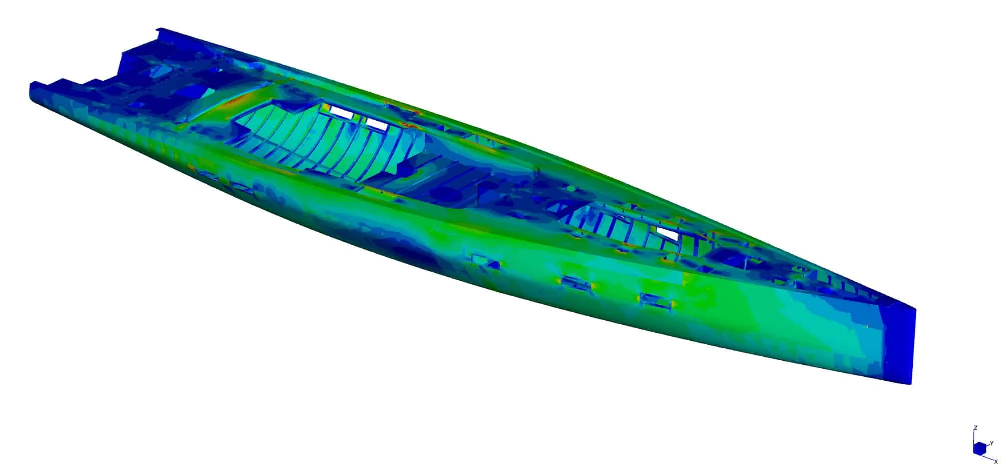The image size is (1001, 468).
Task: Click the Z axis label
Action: [x=975, y=442]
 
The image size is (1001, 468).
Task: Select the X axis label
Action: [x=996, y=462]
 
